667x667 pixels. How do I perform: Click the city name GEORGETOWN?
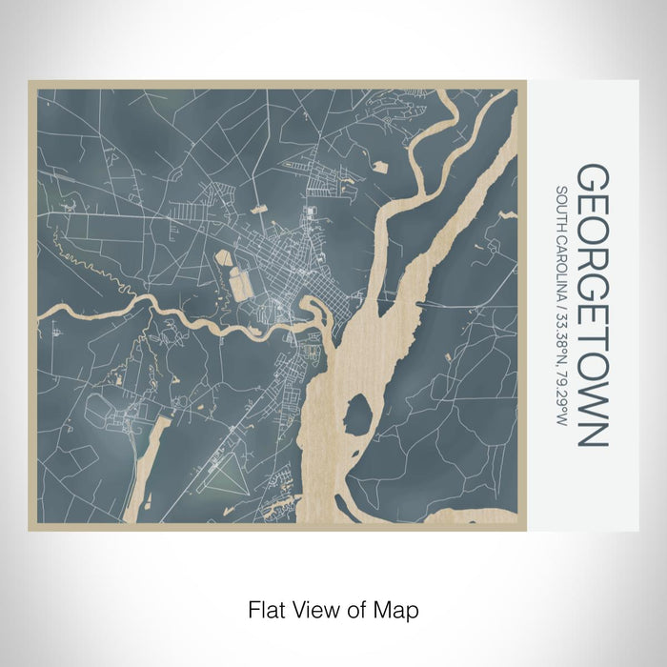pyautogui.click(x=592, y=306)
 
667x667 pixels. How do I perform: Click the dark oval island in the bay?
pyautogui.click(x=357, y=416)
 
